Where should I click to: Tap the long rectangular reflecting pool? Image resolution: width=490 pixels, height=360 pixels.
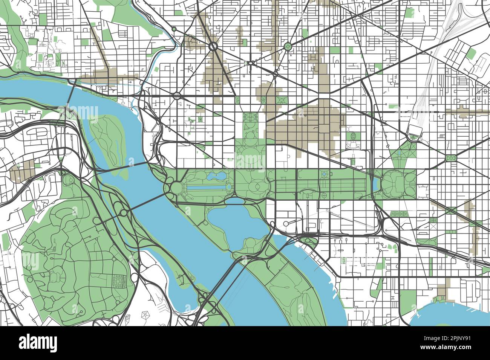(206, 187)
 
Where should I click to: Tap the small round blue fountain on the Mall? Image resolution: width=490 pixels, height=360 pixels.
(323, 174)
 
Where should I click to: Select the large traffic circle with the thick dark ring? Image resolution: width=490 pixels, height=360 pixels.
(213, 47)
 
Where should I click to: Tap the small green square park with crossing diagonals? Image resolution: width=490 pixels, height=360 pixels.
(450, 158)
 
